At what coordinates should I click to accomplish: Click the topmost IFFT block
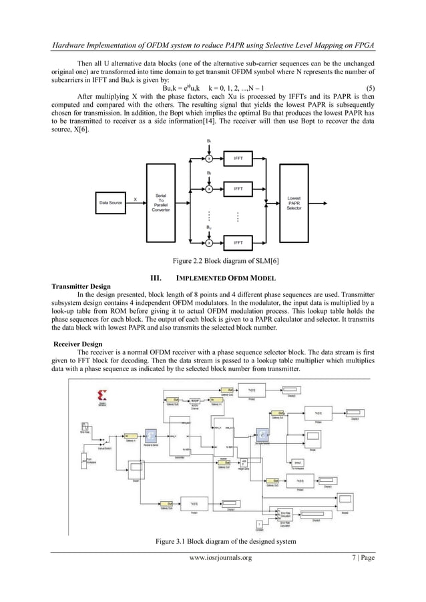click(x=237, y=158)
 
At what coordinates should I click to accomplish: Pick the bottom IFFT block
click(x=237, y=242)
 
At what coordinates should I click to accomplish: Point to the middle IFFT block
click(x=237, y=189)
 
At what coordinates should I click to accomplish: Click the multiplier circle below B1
click(x=209, y=159)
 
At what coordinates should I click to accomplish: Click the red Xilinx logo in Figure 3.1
click(x=84, y=390)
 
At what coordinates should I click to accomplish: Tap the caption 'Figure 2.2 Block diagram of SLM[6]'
click(x=212, y=260)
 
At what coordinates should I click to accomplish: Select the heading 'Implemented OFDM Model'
click(x=224, y=278)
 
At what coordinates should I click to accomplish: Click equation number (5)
click(x=367, y=88)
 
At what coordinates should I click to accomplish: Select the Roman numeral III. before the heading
click(x=160, y=278)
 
